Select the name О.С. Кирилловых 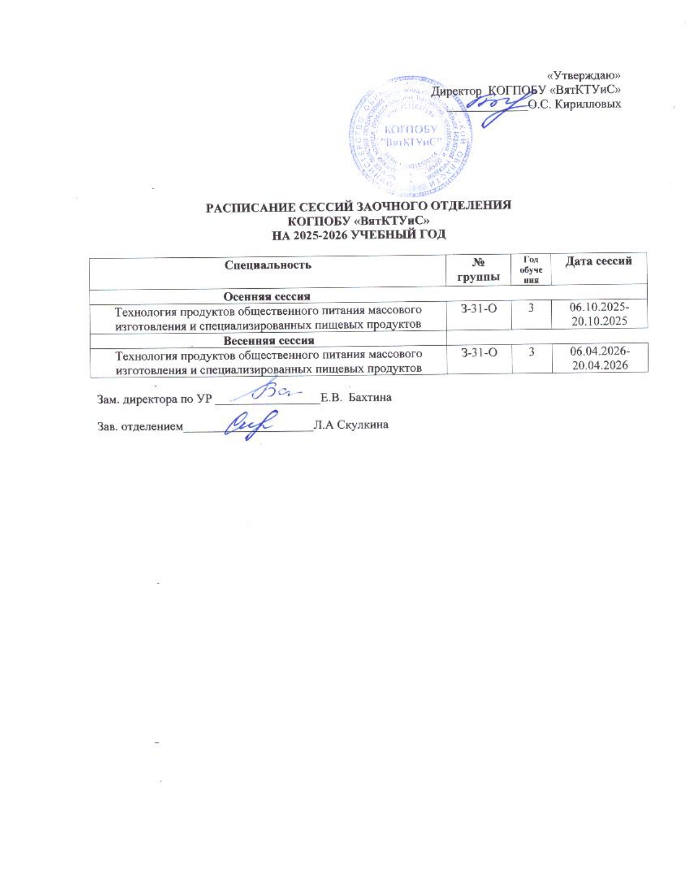click(x=575, y=104)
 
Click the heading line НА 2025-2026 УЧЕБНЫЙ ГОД click(x=358, y=235)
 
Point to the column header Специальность click(x=268, y=265)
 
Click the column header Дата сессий click(x=598, y=262)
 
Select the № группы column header click(x=478, y=270)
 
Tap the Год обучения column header click(x=531, y=269)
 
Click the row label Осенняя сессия click(x=267, y=296)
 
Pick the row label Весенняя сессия click(x=269, y=341)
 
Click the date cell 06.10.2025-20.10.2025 click(x=599, y=314)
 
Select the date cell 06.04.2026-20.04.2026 click(x=600, y=359)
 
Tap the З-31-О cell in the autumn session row click(x=479, y=309)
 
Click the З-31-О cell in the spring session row click(x=479, y=353)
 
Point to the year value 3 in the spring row click(x=531, y=353)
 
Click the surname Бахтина click(x=370, y=398)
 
